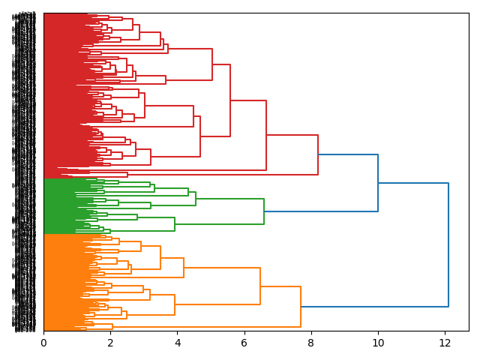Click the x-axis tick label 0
[43, 343]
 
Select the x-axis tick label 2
[110, 343]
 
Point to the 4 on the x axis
[177, 343]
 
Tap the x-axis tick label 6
[244, 343]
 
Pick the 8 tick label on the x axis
[311, 343]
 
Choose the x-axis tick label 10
[378, 343]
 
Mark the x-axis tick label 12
[445, 343]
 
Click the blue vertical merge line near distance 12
[448, 244]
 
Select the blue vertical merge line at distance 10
[378, 183]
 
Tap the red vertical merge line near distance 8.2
[318, 154]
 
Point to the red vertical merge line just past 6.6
[266, 135]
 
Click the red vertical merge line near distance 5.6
[230, 100]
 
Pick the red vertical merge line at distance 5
[212, 64]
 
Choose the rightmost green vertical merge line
[264, 211]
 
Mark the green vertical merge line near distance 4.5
[196, 199]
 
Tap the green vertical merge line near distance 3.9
[175, 224]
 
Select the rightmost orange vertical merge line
[301, 307]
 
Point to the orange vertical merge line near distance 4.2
[184, 268]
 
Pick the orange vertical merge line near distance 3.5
[160, 257]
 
